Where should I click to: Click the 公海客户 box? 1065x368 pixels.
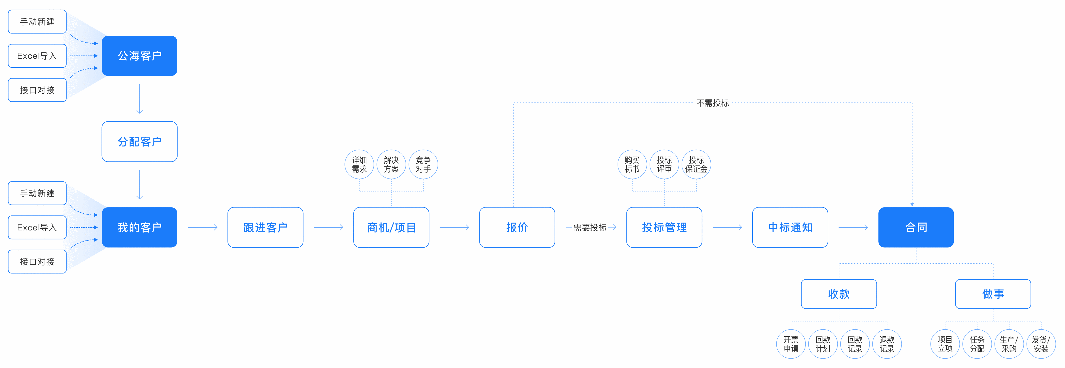[139, 56]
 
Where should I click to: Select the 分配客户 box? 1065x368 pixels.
[139, 141]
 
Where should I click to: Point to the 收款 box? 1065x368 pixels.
[838, 294]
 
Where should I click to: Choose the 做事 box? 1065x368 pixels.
[993, 294]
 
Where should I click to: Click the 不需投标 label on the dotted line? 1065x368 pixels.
[712, 103]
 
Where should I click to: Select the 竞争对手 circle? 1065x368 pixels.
[423, 164]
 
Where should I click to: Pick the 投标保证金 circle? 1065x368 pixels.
[696, 164]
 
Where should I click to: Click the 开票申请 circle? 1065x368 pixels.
[791, 344]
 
